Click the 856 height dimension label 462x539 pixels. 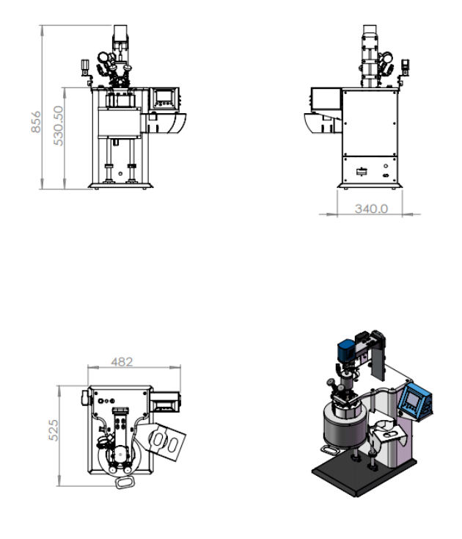click(x=36, y=122)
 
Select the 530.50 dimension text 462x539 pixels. click(x=59, y=126)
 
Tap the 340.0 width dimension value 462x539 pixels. click(x=371, y=209)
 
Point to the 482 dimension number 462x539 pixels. click(x=122, y=362)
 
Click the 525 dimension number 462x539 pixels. click(x=54, y=430)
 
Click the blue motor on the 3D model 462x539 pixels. click(x=346, y=350)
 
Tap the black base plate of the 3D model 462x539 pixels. click(x=364, y=476)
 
